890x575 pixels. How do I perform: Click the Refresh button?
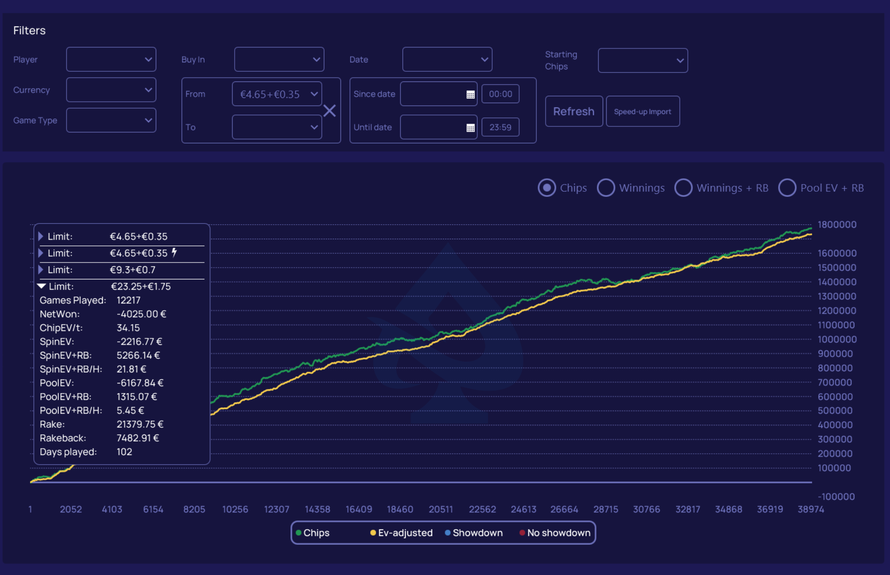click(x=573, y=111)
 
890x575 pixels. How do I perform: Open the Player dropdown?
click(x=111, y=60)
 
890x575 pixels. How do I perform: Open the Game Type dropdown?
click(x=111, y=120)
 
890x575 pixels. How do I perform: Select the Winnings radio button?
click(x=606, y=188)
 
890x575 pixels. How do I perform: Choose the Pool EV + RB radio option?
click(x=787, y=188)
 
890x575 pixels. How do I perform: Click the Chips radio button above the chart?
click(x=547, y=188)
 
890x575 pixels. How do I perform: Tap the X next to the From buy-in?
click(x=329, y=111)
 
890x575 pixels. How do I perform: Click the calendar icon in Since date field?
click(x=471, y=95)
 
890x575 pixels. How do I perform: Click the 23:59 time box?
click(x=500, y=127)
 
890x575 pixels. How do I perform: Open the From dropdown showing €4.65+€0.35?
click(x=276, y=94)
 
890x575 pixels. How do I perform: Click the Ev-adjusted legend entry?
click(x=401, y=533)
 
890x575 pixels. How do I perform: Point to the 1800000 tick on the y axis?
click(x=837, y=225)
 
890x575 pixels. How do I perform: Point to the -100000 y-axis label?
click(x=836, y=497)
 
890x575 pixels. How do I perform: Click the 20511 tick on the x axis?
click(x=441, y=509)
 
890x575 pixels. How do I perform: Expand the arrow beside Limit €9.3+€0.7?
click(x=41, y=270)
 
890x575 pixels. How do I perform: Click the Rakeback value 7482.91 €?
click(x=137, y=438)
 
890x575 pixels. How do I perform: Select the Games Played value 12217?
click(x=128, y=301)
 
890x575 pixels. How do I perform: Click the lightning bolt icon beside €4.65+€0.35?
click(x=174, y=253)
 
